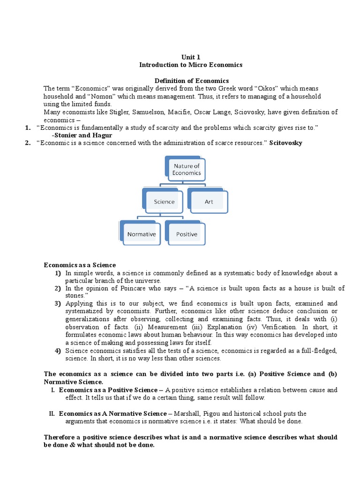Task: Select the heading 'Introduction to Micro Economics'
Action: click(x=191, y=65)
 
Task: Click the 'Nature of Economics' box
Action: click(x=187, y=169)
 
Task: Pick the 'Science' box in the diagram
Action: click(x=164, y=202)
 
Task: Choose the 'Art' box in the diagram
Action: click(x=209, y=202)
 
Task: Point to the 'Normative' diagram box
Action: click(x=142, y=234)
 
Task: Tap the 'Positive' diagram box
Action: click(x=187, y=234)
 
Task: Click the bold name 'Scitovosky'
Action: click(x=286, y=143)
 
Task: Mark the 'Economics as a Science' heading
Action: click(x=80, y=265)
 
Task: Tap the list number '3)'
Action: click(x=57, y=304)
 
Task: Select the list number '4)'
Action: click(x=57, y=350)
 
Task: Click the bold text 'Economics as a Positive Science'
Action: click(x=108, y=390)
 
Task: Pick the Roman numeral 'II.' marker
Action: click(x=52, y=413)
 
